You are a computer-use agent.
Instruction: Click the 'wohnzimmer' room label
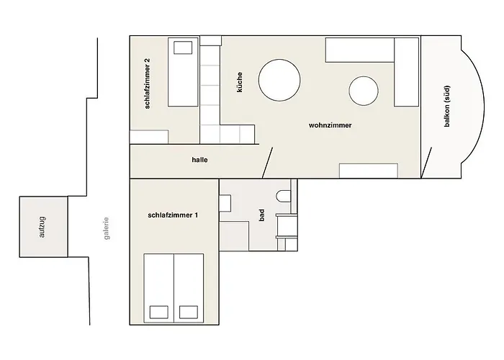(330, 125)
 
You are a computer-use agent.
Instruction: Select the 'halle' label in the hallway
(199, 160)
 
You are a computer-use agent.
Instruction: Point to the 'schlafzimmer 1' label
(173, 215)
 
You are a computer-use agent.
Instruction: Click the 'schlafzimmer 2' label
(148, 84)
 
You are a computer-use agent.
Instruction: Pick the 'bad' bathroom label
(262, 215)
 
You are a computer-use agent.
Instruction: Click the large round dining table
(279, 79)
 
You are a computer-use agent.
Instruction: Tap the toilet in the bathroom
(284, 197)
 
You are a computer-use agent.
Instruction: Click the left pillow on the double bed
(158, 312)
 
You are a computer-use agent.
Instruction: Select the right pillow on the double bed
(189, 312)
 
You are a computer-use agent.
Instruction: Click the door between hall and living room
(268, 162)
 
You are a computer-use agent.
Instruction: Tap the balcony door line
(427, 162)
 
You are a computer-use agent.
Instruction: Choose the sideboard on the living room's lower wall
(369, 171)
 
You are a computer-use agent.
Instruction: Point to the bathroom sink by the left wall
(224, 202)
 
